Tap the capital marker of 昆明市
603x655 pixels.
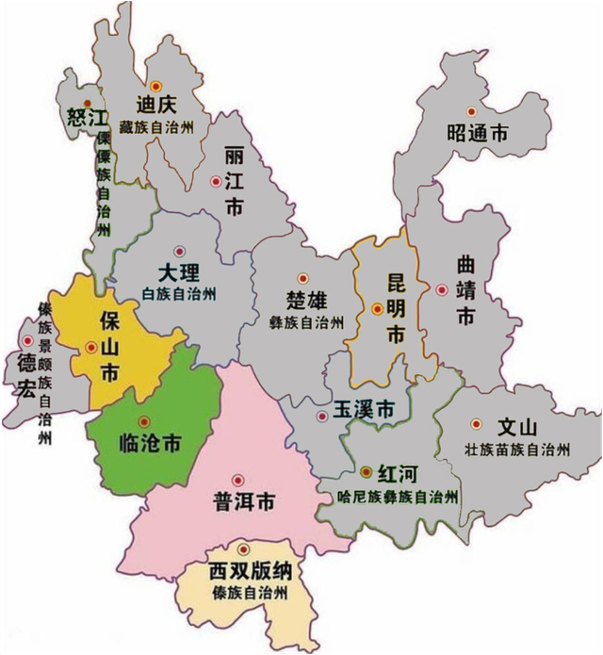click(x=376, y=308)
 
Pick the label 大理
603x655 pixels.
click(x=179, y=273)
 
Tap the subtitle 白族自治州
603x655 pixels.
click(x=179, y=294)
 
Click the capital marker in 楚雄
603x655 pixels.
click(x=302, y=278)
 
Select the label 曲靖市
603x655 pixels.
click(x=464, y=290)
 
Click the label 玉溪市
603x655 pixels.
click(x=364, y=411)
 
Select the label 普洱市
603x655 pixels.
click(x=245, y=502)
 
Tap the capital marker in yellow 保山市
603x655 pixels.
click(x=90, y=347)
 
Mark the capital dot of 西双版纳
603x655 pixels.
click(x=244, y=549)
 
